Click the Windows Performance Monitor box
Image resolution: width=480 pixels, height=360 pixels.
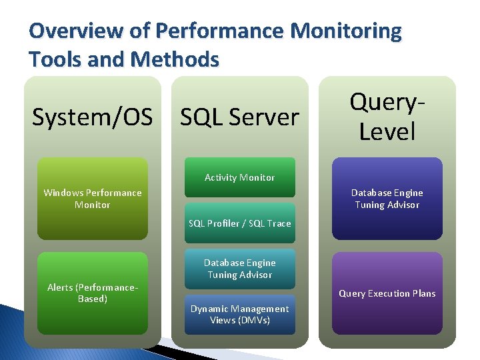click(x=93, y=199)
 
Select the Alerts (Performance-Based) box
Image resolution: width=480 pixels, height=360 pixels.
click(x=93, y=293)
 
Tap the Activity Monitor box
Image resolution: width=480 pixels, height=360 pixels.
click(x=239, y=177)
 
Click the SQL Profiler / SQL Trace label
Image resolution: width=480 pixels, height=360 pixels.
click(x=239, y=223)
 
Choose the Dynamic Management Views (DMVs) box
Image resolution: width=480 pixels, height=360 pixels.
click(x=239, y=314)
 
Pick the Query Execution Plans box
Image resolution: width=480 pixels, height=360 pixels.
click(x=387, y=293)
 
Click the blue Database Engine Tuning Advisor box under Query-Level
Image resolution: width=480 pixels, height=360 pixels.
click(x=387, y=199)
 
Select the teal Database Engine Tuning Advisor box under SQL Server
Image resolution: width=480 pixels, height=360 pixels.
click(x=239, y=269)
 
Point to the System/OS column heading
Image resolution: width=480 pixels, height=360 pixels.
click(x=92, y=117)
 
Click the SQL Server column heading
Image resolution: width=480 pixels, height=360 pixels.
click(x=240, y=117)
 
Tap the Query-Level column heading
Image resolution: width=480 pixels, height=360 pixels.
click(x=387, y=117)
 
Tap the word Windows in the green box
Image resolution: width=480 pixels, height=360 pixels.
click(x=63, y=193)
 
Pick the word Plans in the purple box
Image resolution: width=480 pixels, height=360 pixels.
click(x=421, y=293)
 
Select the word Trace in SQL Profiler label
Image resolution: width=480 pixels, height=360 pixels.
click(x=278, y=223)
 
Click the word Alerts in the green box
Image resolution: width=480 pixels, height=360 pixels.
click(x=61, y=287)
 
